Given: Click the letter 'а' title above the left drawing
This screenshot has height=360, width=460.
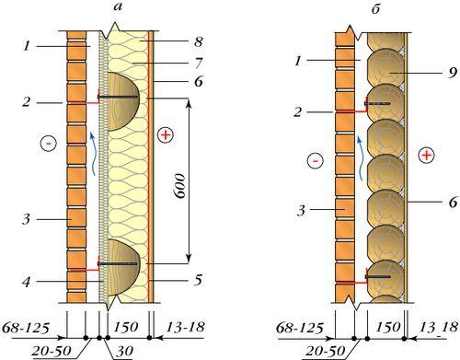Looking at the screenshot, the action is point(118,7).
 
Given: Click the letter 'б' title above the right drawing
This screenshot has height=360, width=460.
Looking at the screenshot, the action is point(376,8).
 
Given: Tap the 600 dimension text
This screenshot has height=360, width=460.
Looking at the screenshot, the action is point(179,186).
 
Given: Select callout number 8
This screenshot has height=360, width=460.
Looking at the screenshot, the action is point(199,41).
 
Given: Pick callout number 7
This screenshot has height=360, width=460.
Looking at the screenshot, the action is point(198,63).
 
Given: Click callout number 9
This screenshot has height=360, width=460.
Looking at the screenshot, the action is point(453,73).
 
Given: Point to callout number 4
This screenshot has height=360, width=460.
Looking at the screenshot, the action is point(27,282).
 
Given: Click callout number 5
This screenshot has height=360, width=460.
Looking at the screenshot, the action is point(198,280).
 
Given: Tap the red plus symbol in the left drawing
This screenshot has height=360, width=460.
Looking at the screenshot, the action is point(166,135).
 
